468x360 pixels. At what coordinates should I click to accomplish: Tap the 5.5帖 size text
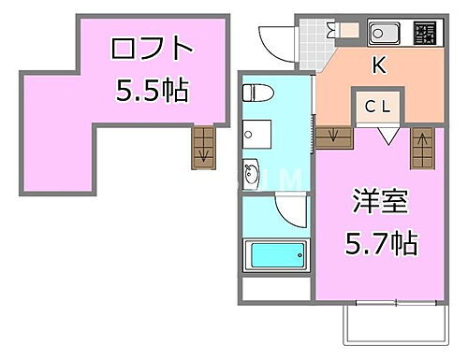(153, 90)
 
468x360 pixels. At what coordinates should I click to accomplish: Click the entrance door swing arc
(276, 39)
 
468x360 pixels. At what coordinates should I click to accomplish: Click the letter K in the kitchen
(379, 65)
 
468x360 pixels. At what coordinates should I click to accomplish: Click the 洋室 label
(373, 202)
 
